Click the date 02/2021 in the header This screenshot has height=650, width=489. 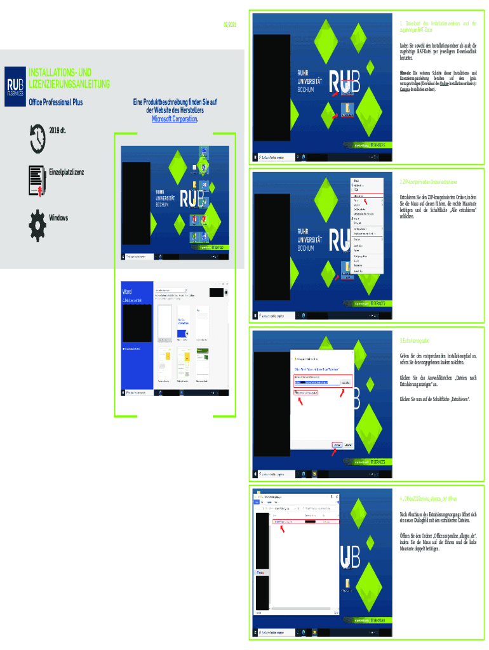229,24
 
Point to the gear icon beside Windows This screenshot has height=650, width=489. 36,219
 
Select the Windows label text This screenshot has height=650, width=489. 58,218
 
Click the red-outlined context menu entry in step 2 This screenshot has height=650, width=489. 366,196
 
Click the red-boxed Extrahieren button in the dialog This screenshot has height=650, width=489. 337,446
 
